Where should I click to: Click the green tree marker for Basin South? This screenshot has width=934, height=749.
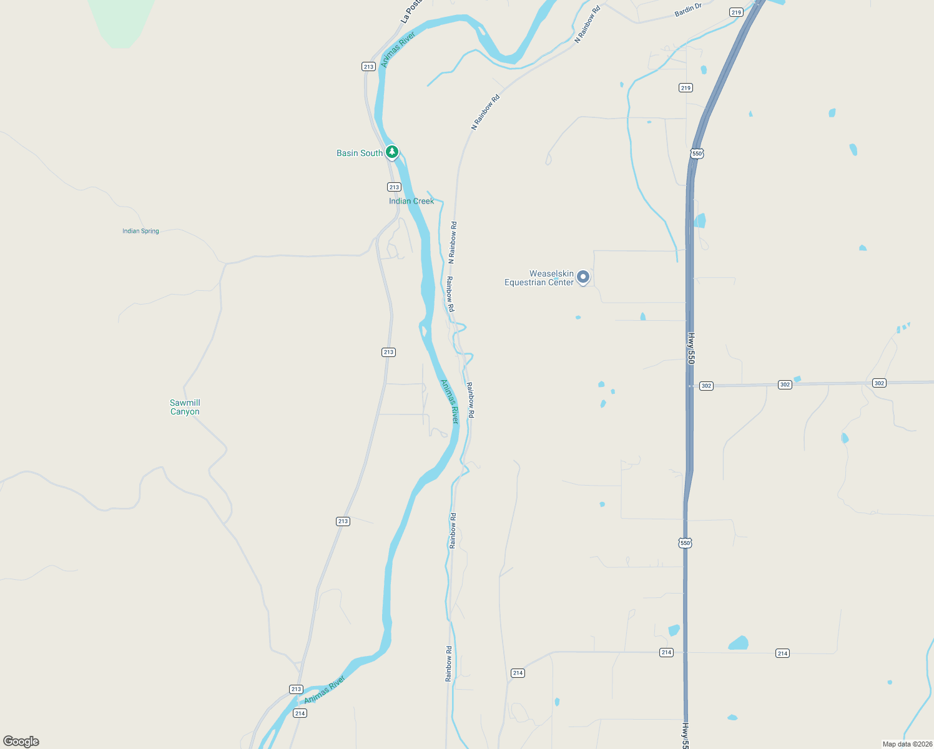coord(391,152)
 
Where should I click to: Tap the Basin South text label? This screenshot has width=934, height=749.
coord(360,153)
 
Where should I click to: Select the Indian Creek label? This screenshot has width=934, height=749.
coord(411,201)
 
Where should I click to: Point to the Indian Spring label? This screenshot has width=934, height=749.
coord(140,231)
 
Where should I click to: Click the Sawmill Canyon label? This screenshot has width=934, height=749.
coord(185,407)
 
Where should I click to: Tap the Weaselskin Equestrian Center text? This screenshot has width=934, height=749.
coord(539,278)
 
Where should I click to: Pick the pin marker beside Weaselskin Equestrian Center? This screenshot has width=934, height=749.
coord(583,277)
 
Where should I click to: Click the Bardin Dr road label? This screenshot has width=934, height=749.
coord(688,10)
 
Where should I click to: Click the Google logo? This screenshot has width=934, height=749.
coord(21,742)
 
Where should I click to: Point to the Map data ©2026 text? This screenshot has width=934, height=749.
coord(907,744)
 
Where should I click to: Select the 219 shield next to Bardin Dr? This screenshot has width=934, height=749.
coord(736,12)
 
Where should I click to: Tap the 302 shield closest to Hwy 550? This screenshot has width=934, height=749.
coord(706,386)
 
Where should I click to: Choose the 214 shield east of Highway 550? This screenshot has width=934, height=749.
coord(782,654)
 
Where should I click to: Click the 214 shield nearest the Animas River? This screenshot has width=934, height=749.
coord(300,713)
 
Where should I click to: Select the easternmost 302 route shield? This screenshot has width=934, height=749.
coord(879,383)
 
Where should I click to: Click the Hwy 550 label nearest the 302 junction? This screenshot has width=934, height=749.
coord(691,348)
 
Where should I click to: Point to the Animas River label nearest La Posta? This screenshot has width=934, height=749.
coord(398,49)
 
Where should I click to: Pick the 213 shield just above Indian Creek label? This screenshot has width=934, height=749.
coord(394,187)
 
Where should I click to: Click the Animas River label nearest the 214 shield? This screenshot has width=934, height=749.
coord(325,690)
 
